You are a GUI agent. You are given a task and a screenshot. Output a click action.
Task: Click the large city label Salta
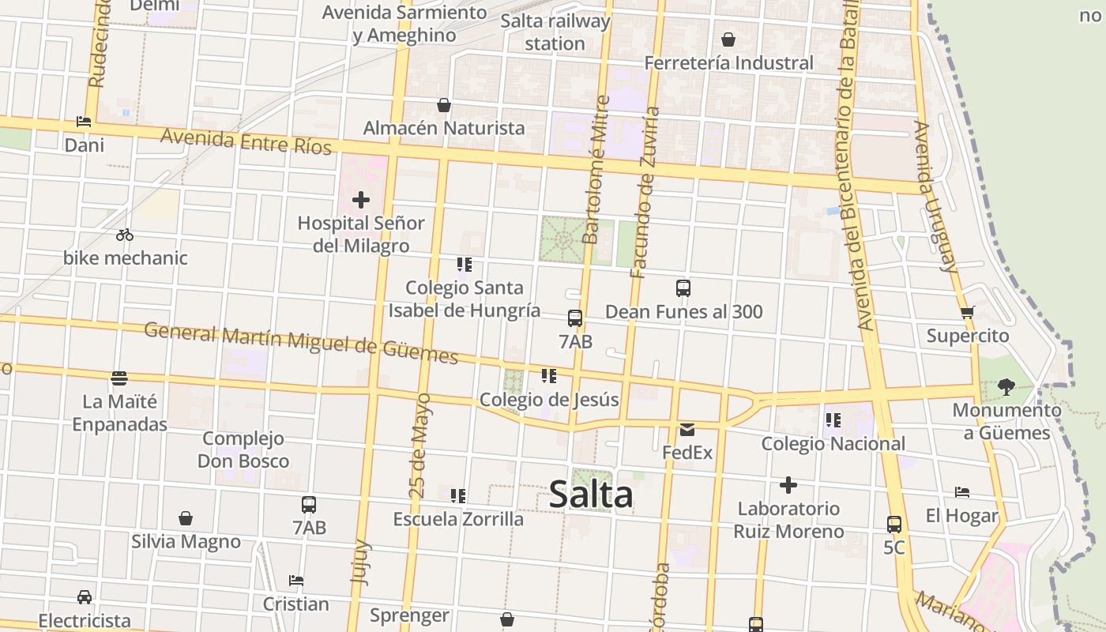(591, 495)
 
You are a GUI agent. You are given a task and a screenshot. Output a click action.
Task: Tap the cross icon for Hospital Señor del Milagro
(361, 200)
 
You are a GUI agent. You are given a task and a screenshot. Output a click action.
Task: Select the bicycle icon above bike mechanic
(125, 235)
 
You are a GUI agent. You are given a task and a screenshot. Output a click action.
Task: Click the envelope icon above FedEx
(687, 430)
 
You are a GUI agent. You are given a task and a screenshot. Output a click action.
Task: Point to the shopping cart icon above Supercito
(968, 312)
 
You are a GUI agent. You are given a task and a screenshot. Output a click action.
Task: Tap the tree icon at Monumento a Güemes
(1006, 386)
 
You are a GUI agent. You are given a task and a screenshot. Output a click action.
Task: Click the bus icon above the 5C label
(894, 525)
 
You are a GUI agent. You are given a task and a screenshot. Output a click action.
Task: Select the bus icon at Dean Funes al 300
(683, 288)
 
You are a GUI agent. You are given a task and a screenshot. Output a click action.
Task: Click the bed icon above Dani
(84, 122)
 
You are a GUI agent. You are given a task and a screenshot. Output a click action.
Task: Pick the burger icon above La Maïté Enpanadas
(119, 378)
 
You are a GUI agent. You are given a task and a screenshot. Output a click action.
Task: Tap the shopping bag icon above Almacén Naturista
(444, 105)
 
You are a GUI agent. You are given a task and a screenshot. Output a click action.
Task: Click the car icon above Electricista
(85, 597)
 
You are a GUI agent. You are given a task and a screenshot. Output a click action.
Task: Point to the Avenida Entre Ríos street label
(246, 142)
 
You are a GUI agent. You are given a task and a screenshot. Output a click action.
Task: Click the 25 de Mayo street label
(419, 446)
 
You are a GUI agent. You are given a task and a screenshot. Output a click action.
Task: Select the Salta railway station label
(555, 32)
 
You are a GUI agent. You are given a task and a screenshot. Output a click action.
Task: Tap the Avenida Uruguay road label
(935, 196)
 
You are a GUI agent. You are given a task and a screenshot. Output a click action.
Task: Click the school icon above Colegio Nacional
(833, 420)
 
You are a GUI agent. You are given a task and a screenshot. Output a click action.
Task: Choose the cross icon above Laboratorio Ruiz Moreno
(788, 485)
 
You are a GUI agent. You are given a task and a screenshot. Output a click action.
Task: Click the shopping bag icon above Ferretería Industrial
(728, 39)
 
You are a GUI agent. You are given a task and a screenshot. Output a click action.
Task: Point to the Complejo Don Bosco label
(243, 450)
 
